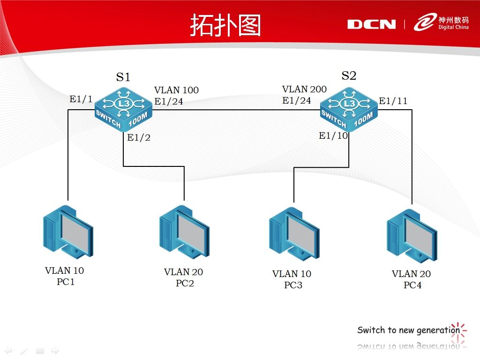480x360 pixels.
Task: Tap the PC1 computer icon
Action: [x=67, y=232]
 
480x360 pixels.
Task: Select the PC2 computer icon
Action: [x=184, y=233]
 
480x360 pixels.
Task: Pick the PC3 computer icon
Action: [x=294, y=234]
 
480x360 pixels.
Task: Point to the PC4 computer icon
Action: [x=412, y=236]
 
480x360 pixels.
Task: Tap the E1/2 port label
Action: [x=139, y=138]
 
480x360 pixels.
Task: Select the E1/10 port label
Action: [x=333, y=136]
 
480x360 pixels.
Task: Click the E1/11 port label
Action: [x=393, y=101]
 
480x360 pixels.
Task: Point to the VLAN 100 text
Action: [x=176, y=90]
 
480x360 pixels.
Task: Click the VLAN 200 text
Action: [x=304, y=89]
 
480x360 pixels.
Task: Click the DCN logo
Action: [x=371, y=24]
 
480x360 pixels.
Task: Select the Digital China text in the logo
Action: [x=453, y=27]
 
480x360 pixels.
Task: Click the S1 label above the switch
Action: [x=123, y=77]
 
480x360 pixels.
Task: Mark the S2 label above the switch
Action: [x=349, y=76]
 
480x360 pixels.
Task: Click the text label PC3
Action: [x=293, y=285]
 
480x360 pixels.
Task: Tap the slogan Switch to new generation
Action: [x=408, y=330]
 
